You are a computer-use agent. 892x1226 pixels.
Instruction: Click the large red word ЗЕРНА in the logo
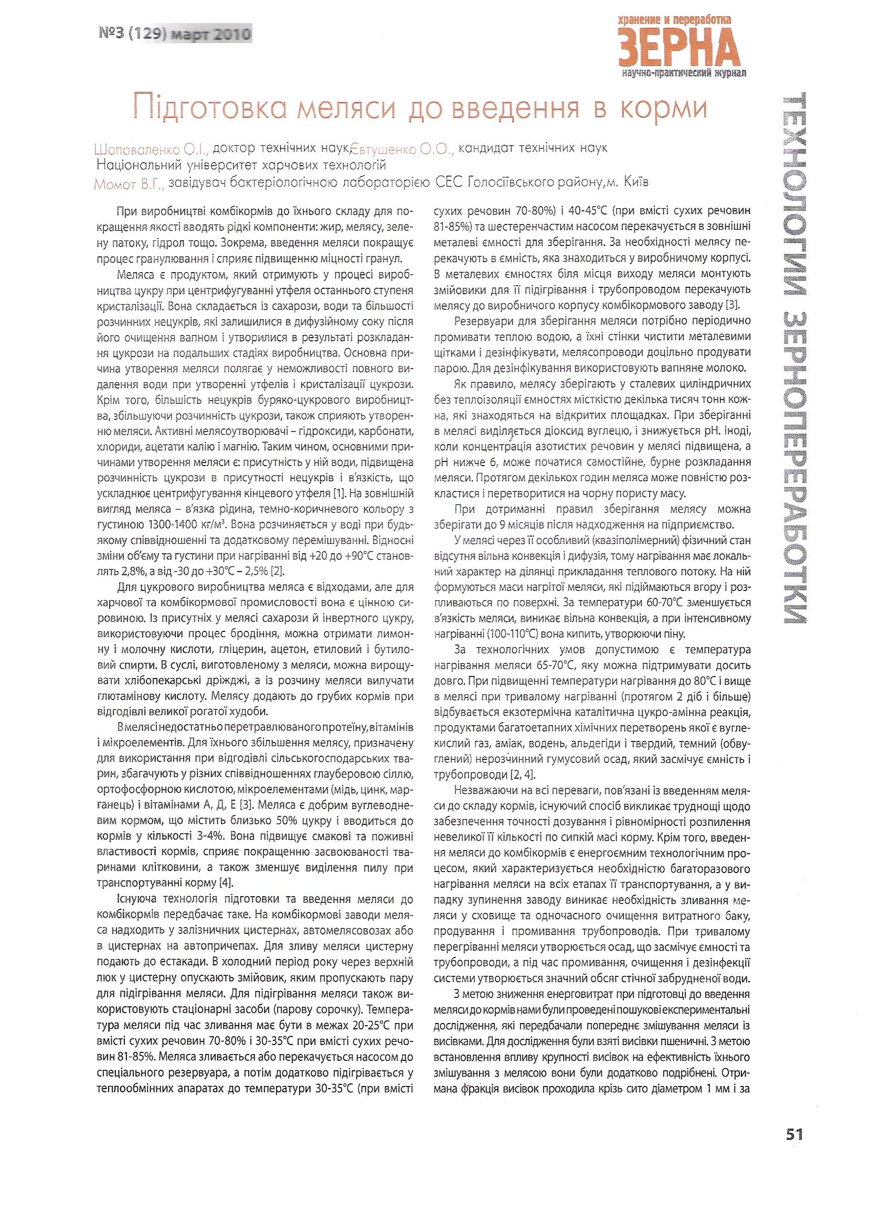point(678,48)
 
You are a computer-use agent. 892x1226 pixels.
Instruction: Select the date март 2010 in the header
point(211,34)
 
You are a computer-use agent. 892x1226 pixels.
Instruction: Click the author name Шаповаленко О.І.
point(151,148)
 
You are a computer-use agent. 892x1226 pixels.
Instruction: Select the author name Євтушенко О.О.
point(401,148)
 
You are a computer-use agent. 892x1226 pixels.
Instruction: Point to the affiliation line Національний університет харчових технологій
point(241,165)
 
